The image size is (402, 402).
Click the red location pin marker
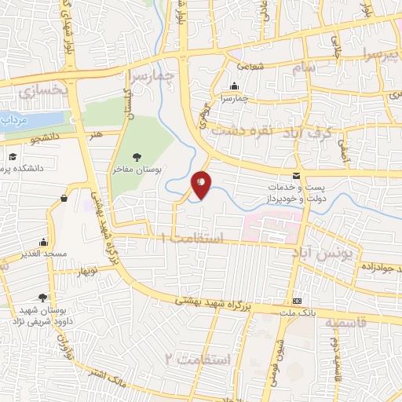202,184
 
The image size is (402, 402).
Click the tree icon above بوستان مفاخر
137,156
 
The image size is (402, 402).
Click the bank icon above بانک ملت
297,301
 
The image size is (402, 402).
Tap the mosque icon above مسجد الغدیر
43,243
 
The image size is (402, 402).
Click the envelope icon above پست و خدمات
296,174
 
